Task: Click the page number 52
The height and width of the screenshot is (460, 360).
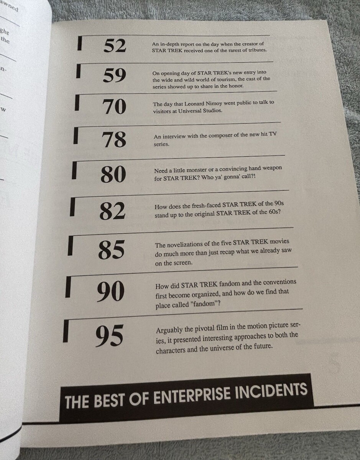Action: pos(115,46)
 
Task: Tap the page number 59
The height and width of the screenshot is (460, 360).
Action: pos(114,76)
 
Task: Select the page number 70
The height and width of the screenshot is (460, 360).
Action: pos(114,107)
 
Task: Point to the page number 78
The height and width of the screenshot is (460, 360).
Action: pos(114,140)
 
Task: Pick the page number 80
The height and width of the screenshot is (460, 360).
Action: pos(113,174)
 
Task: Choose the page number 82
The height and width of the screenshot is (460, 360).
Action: pos(112,210)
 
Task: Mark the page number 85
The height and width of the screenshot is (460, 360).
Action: pos(112,250)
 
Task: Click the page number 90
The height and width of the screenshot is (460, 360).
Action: pos(111,291)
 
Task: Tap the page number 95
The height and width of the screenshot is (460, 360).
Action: pos(109,336)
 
